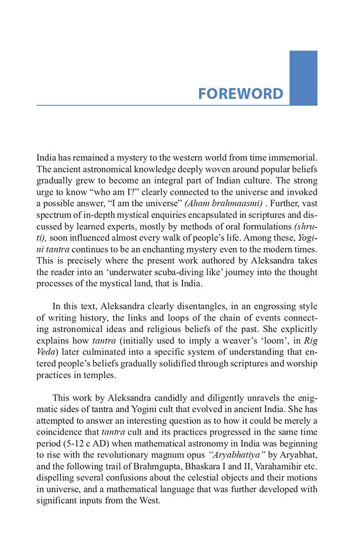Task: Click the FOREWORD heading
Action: (x=240, y=93)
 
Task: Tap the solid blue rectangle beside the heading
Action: (x=303, y=78)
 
